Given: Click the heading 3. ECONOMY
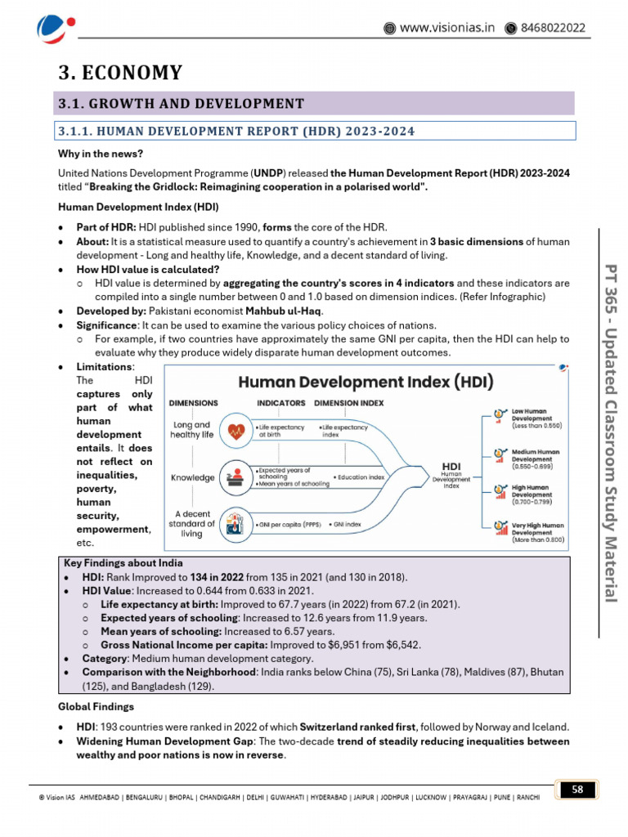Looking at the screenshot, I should coord(119,73).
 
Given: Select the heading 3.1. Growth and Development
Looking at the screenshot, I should coord(181,103).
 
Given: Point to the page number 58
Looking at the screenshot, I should coord(577,789).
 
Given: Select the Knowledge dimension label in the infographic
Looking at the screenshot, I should coord(192,477).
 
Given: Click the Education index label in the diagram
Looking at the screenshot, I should coord(359,477).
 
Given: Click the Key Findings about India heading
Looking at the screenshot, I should coord(123,563).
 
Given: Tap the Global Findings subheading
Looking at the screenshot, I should coord(95,706).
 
